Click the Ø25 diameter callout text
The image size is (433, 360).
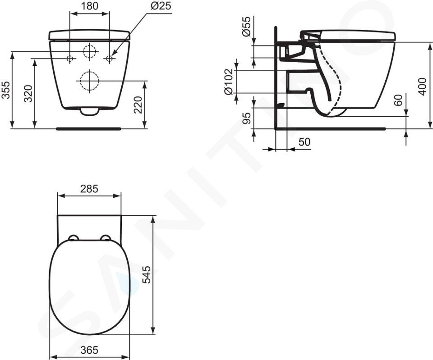click(161, 6)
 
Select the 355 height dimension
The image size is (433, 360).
click(6, 90)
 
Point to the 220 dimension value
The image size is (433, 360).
click(138, 105)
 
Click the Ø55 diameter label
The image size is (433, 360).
click(246, 27)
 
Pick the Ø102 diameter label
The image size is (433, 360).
click(229, 82)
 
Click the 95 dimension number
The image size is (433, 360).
click(248, 118)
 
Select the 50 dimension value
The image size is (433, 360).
click(304, 142)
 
